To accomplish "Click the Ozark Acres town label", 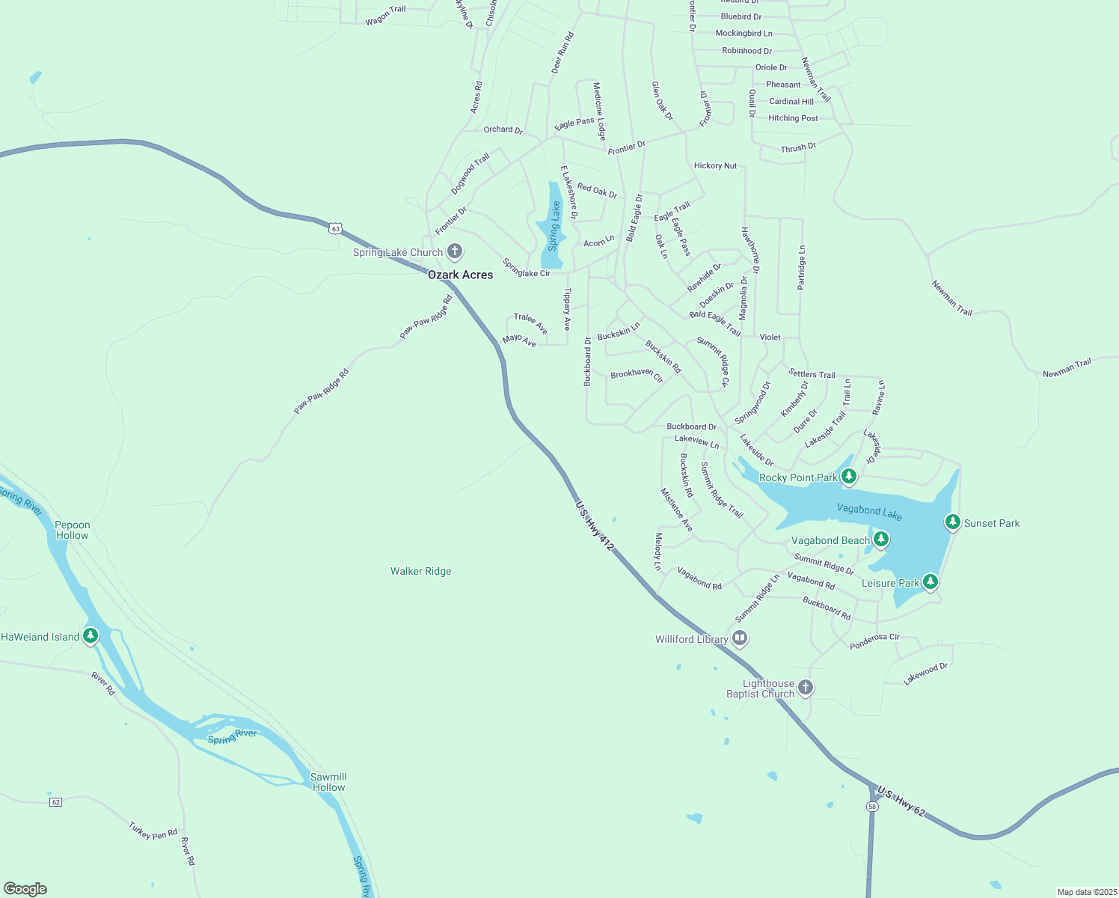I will (x=460, y=275).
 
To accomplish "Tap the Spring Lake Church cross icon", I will (x=454, y=251).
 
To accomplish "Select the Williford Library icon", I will (x=740, y=638).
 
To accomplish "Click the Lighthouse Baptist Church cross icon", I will (x=805, y=688).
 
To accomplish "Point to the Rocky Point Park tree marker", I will (x=848, y=476).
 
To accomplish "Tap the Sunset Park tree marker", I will (x=952, y=522).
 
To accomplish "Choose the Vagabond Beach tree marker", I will (x=880, y=539).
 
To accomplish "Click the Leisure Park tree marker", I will (x=930, y=581).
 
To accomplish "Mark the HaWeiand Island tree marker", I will (x=91, y=636).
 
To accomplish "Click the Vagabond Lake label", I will (x=869, y=512).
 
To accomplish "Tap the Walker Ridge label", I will (x=420, y=571).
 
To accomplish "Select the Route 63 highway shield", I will (x=336, y=228).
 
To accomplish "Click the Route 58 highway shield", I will (x=872, y=806).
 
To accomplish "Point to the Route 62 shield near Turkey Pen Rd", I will (x=55, y=801).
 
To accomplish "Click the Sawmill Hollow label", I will (x=328, y=782).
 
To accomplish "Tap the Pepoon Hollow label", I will (x=72, y=530).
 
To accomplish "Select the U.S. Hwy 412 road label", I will (x=595, y=526).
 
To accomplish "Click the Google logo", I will (x=25, y=889).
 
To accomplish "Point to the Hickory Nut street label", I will (x=715, y=165).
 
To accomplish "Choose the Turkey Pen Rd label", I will (x=153, y=831).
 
